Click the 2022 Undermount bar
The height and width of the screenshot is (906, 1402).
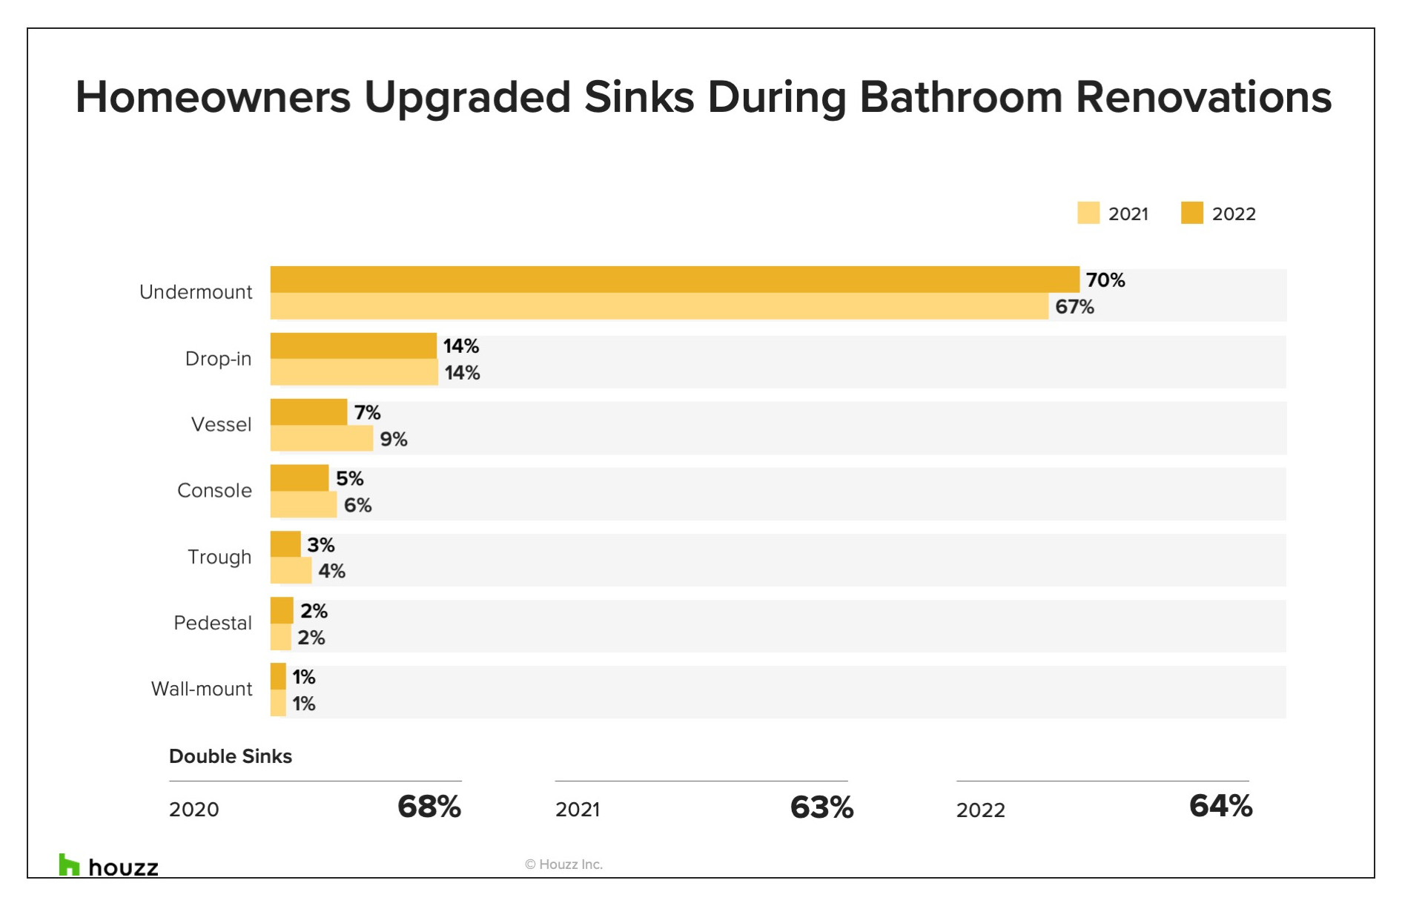tap(675, 280)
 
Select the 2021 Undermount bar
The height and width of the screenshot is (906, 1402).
tap(659, 306)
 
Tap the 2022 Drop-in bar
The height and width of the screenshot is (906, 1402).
tap(354, 346)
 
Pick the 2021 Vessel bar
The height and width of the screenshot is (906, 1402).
tap(322, 438)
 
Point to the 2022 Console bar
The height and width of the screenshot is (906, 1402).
tap(300, 478)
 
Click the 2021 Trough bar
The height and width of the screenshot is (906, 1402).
tap(291, 570)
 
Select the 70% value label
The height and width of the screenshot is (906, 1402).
tap(1105, 280)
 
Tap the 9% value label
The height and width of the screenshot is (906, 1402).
tap(394, 440)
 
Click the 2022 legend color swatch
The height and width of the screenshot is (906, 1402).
tap(1192, 213)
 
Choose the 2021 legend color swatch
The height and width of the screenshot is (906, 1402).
tap(1088, 213)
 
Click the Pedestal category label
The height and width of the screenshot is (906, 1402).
tap(213, 623)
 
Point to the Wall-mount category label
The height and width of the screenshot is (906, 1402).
tap(202, 689)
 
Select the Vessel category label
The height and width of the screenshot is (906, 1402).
tap(222, 425)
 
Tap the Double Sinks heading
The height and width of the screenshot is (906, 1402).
tap(231, 756)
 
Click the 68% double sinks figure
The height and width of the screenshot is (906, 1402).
tap(429, 807)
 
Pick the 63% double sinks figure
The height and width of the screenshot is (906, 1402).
tap(822, 807)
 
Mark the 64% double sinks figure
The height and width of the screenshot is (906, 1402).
tap(1221, 806)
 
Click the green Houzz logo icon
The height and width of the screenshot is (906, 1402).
tap(69, 864)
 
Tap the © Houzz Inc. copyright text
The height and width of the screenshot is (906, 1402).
tap(563, 864)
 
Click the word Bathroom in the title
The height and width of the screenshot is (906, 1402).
tap(961, 97)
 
